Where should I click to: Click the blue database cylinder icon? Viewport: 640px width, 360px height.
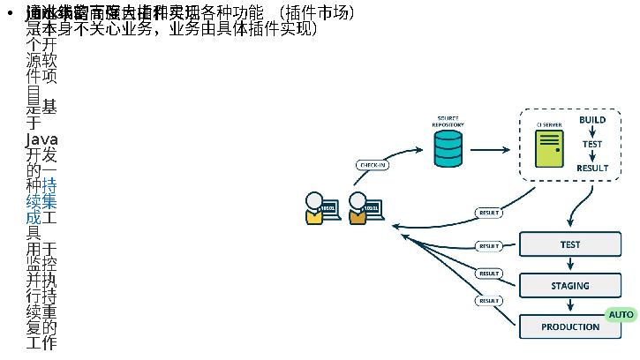(448, 149)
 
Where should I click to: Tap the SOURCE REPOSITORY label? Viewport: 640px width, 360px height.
(448, 121)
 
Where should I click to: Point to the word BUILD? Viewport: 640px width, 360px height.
(592, 119)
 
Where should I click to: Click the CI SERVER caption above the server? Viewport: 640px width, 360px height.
(549, 124)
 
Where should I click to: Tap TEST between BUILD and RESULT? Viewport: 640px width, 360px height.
(592, 144)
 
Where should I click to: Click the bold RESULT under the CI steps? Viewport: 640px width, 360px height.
(592, 168)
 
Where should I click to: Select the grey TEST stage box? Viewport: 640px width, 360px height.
(570, 244)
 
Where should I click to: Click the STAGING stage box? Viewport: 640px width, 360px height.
(570, 286)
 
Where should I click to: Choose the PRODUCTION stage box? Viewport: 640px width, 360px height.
(570, 326)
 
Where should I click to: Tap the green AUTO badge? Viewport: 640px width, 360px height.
(621, 314)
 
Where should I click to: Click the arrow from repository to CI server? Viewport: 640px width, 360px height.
(489, 150)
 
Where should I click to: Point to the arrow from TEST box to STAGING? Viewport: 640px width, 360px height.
(570, 264)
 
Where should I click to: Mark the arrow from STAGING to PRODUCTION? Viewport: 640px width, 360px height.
(570, 305)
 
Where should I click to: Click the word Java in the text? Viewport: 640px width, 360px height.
(41, 139)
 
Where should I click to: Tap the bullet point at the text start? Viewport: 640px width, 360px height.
(9, 15)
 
